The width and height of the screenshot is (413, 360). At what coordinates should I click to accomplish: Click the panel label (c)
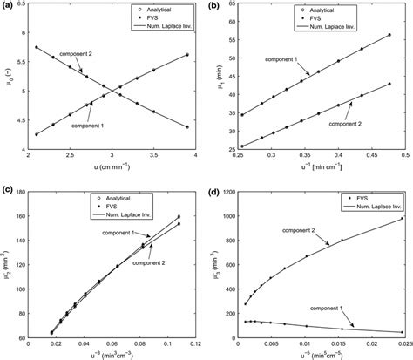tap(8, 189)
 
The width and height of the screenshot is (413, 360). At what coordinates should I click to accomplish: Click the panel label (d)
tap(215, 188)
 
